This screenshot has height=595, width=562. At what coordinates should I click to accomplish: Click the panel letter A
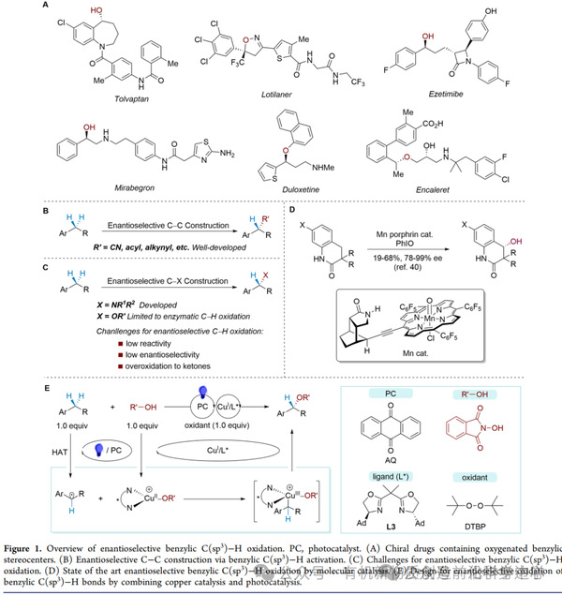pyautogui.click(x=46, y=7)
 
